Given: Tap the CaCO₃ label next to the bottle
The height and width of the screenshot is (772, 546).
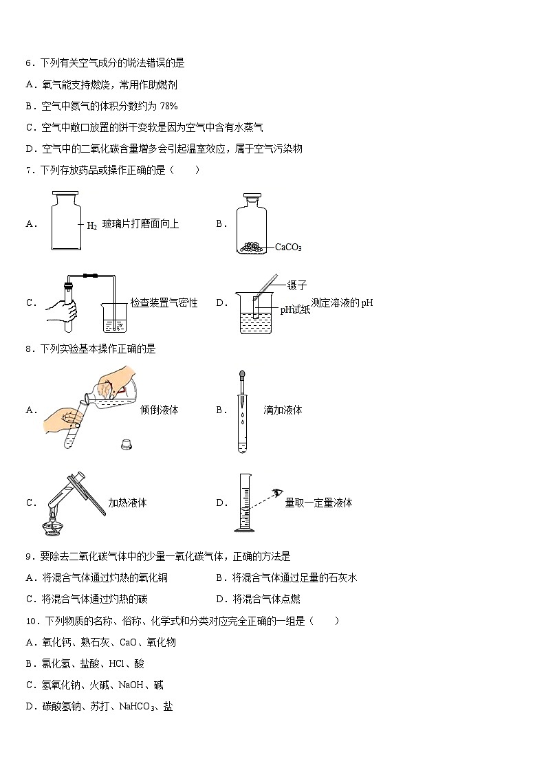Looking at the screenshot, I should (288, 247).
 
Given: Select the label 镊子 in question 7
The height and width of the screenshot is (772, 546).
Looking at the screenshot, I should (296, 285).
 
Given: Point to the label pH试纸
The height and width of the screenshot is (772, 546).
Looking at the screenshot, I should (295, 310).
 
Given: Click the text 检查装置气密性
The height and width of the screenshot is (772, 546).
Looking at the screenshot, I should (164, 303).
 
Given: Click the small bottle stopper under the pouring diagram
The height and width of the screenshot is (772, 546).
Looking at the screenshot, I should (127, 444).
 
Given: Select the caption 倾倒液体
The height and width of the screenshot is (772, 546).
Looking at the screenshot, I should (159, 410).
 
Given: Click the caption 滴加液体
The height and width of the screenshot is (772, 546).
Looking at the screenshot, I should (283, 410).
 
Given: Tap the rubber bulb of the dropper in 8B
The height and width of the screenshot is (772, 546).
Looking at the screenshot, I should (242, 376).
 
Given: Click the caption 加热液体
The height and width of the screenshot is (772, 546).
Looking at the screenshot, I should (127, 503).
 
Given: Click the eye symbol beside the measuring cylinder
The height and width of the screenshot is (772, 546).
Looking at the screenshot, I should (278, 493).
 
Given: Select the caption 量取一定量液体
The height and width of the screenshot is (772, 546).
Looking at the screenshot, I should (318, 503).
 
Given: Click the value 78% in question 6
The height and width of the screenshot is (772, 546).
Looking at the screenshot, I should (168, 106).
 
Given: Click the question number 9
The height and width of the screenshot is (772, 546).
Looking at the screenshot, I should (29, 556).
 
